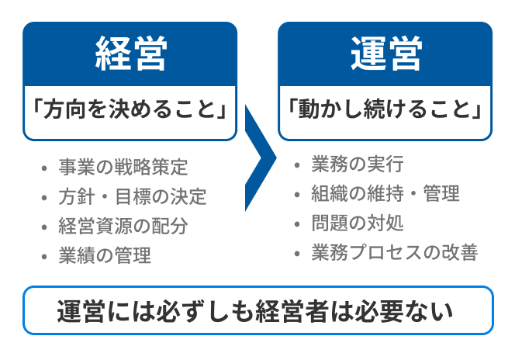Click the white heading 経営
pyautogui.click(x=131, y=54)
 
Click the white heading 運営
pyautogui.click(x=385, y=54)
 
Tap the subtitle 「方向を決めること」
pyautogui.click(x=130, y=109)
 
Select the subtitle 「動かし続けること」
pyautogui.click(x=385, y=109)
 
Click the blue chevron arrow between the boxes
pyautogui.click(x=260, y=158)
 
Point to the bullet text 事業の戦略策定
pyautogui.click(x=123, y=167)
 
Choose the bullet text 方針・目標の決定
pyautogui.click(x=133, y=197)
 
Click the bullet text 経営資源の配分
pyautogui.click(x=123, y=227)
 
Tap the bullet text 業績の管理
pyautogui.click(x=105, y=256)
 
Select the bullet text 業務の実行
pyautogui.click(x=358, y=164)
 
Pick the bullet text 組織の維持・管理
pyautogui.click(x=385, y=193)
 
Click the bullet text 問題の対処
pyautogui.click(x=358, y=223)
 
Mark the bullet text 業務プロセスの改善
pyautogui.click(x=395, y=253)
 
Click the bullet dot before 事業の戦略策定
pyautogui.click(x=44, y=168)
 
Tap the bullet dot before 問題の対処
pyautogui.click(x=297, y=224)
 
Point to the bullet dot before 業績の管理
pyautogui.click(x=44, y=257)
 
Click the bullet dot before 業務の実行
pyautogui.click(x=297, y=165)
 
